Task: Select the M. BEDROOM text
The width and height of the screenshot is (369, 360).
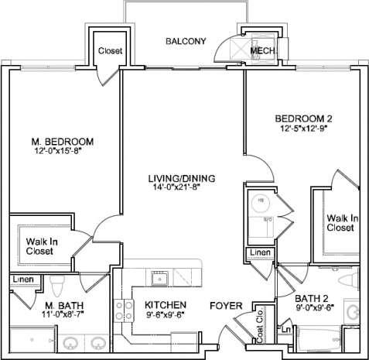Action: click(x=63, y=142)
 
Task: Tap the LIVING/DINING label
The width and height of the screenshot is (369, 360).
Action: click(x=182, y=179)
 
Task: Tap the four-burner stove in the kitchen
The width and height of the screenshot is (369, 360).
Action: click(x=124, y=310)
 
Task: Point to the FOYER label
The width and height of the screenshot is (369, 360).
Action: click(x=226, y=305)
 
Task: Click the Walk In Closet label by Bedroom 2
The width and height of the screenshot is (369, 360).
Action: click(x=341, y=223)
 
